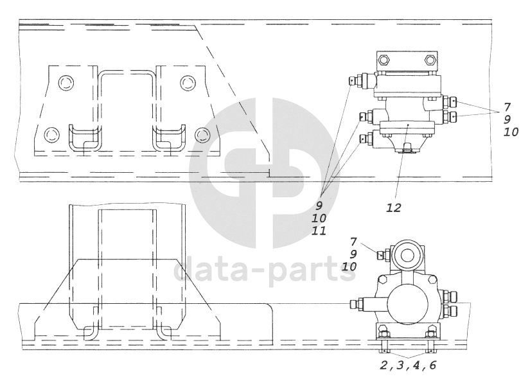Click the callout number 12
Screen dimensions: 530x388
(x=394, y=207)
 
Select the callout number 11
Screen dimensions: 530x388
(x=319, y=231)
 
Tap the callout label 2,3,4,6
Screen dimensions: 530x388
(x=408, y=365)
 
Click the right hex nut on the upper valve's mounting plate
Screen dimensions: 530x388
(x=430, y=60)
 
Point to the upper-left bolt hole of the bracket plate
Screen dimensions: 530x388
(x=66, y=82)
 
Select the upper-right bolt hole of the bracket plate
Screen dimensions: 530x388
(x=188, y=82)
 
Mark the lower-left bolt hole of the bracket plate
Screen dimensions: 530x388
(x=52, y=135)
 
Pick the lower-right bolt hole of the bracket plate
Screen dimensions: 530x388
(x=203, y=135)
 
